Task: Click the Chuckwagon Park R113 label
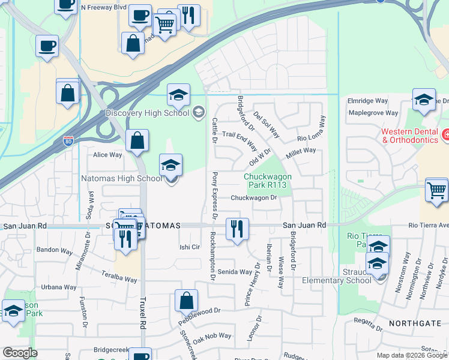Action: click(x=268, y=181)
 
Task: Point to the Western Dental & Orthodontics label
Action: click(x=409, y=136)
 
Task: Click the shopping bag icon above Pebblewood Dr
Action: click(x=187, y=301)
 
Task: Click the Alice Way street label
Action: click(x=107, y=155)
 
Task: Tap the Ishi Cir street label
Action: click(x=190, y=247)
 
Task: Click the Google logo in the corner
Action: click(x=20, y=353)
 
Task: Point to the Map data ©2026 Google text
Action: click(x=412, y=355)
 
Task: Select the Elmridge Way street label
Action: click(x=367, y=101)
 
